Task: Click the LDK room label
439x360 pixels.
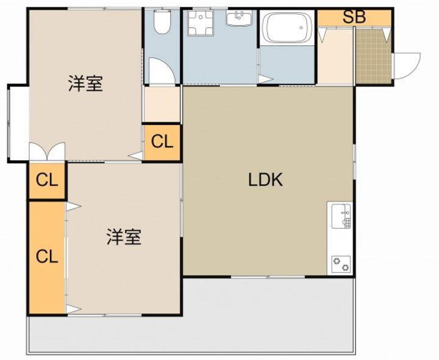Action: click(265, 180)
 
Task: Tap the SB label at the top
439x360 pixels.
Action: click(354, 17)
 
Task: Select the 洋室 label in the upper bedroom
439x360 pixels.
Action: click(85, 84)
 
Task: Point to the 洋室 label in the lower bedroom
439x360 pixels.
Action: click(124, 237)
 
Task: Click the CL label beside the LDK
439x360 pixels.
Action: click(162, 142)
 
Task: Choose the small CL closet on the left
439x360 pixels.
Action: click(47, 180)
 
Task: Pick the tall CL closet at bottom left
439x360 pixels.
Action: click(47, 256)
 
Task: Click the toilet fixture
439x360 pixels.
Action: click(162, 23)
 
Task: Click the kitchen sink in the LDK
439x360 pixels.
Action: click(341, 217)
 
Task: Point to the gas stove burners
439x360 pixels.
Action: click(340, 264)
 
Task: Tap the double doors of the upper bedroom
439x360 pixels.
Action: click(47, 151)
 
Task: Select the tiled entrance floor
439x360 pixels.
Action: click(373, 55)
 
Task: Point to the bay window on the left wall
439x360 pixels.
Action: click(17, 122)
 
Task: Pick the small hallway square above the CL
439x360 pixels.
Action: click(162, 105)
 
